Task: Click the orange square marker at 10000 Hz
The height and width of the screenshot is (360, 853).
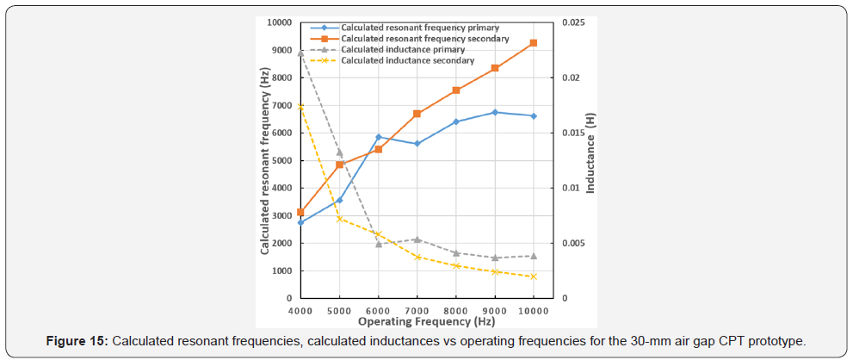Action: tap(534, 43)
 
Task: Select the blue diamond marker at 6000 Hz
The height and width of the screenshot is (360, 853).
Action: tap(378, 137)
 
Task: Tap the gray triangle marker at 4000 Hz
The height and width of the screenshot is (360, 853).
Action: tap(300, 53)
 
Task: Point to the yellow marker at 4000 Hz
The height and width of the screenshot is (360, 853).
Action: tap(300, 106)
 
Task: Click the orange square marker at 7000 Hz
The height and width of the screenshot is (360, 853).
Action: tap(417, 114)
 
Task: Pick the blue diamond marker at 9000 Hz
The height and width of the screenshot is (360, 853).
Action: tap(495, 112)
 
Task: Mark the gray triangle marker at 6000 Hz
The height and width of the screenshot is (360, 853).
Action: tap(378, 244)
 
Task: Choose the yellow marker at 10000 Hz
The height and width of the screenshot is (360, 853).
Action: tap(534, 276)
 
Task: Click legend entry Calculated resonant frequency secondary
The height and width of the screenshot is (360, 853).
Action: tap(424, 39)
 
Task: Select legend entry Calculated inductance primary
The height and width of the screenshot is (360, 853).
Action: tap(402, 50)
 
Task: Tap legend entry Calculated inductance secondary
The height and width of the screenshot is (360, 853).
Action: tap(407, 61)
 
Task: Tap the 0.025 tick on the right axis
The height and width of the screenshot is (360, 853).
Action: tap(572, 22)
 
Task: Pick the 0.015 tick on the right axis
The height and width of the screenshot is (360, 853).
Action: tap(572, 133)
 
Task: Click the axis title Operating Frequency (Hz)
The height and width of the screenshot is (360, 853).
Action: tap(417, 322)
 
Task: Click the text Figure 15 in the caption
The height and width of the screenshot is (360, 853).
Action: tap(74, 341)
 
